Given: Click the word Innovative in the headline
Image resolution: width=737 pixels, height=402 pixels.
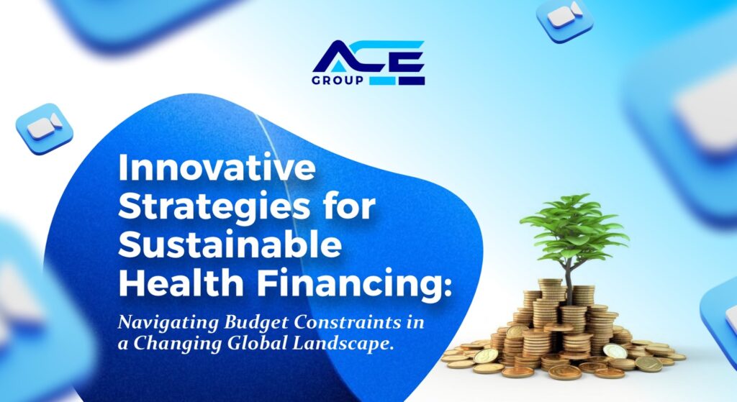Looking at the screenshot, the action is (217, 167).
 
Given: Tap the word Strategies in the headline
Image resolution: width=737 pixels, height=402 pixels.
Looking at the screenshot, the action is (213, 206).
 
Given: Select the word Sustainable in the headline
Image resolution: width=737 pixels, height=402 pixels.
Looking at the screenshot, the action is (230, 245).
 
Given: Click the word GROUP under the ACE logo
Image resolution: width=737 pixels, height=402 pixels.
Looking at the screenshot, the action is (338, 81).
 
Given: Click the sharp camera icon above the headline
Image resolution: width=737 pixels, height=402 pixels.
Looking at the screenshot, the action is (44, 128).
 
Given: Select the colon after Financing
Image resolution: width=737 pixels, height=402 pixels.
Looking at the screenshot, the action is (440, 287).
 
